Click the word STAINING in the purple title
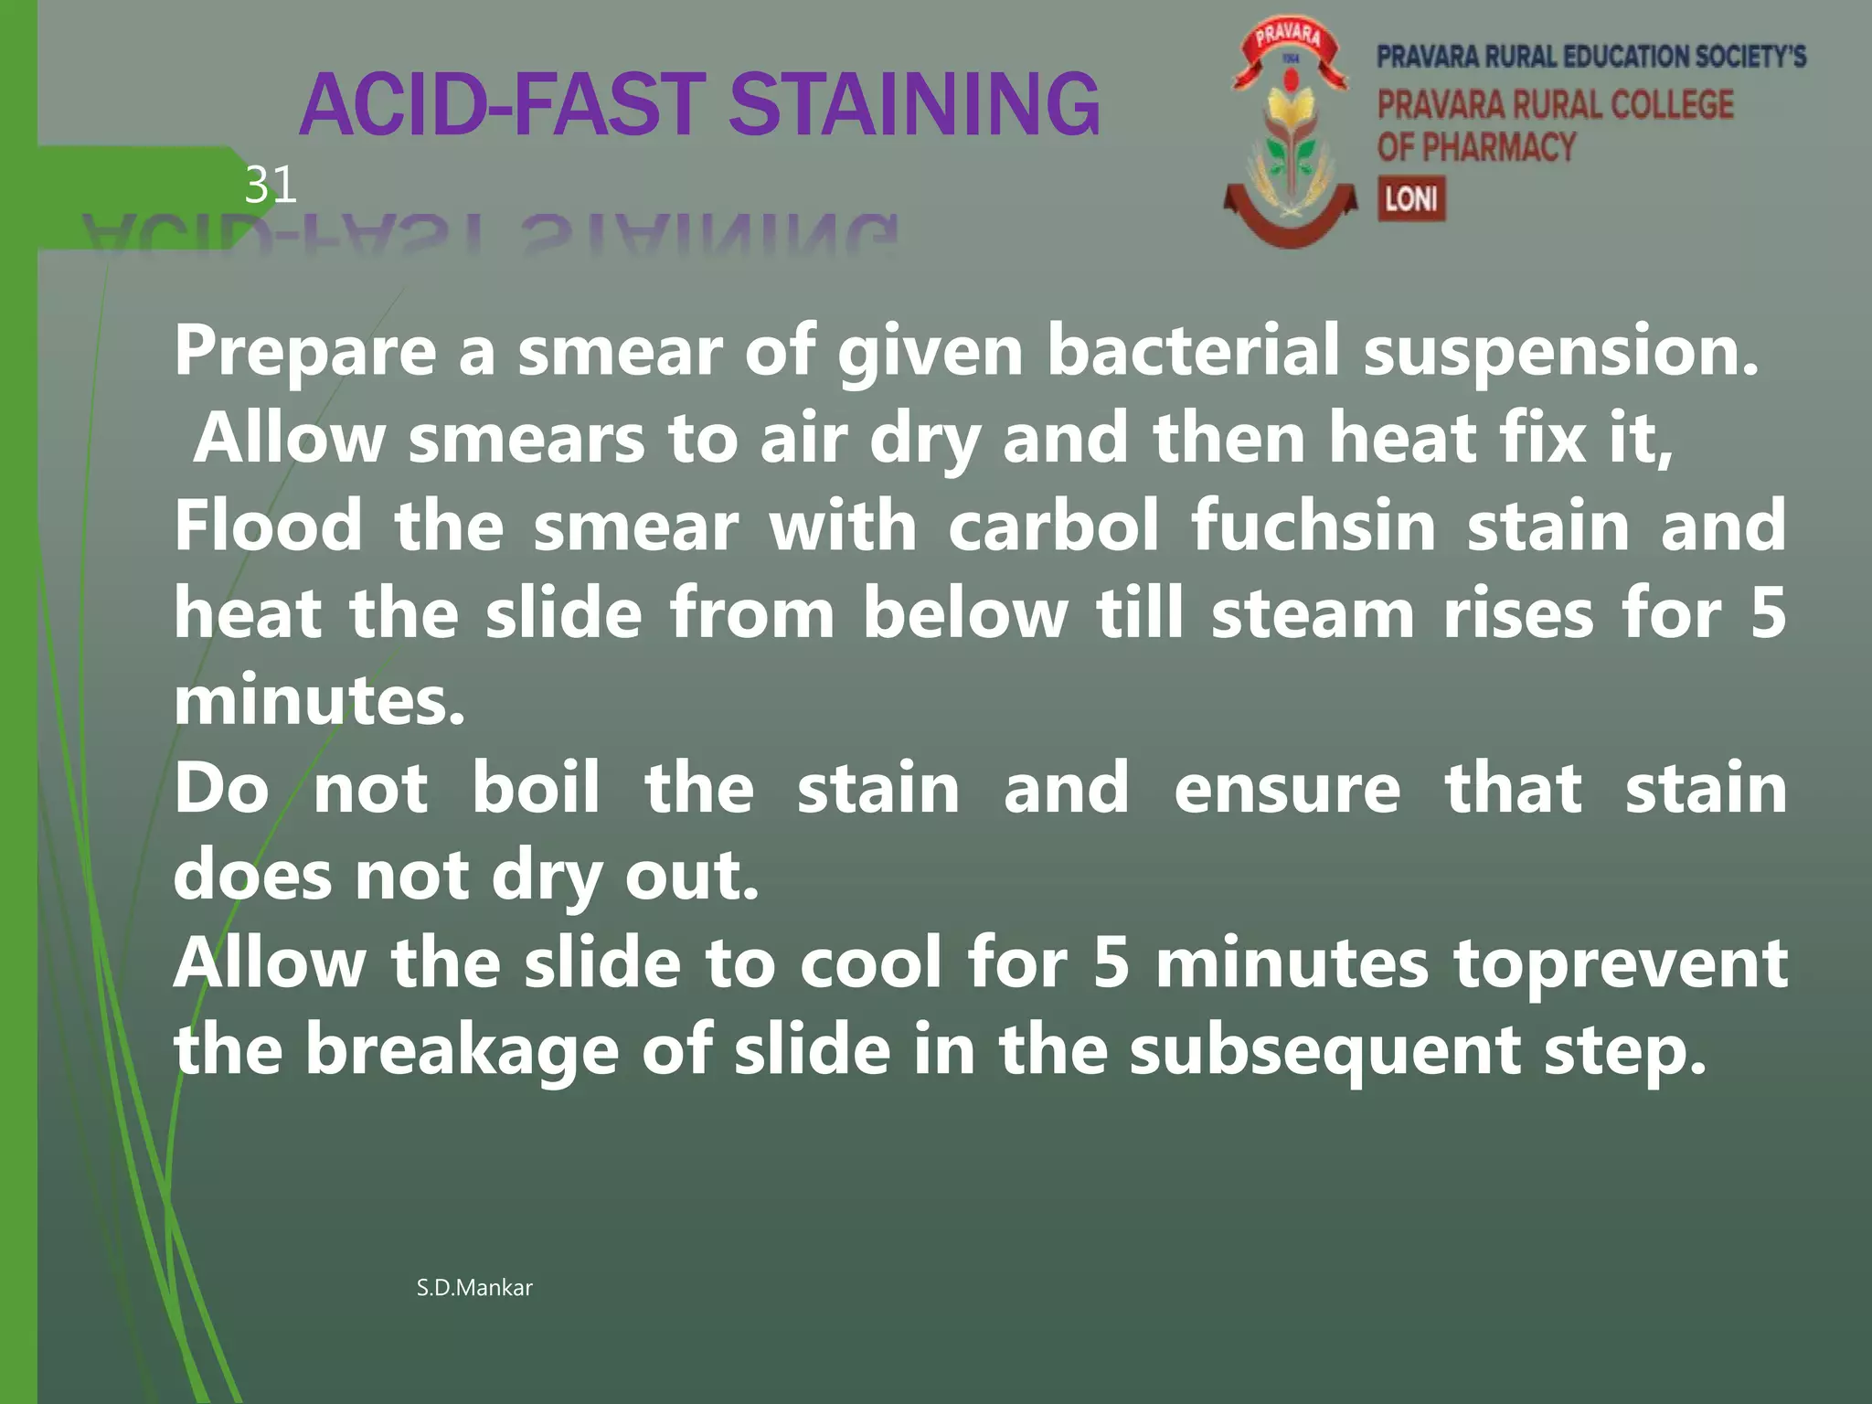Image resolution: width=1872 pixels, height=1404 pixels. [x=914, y=105]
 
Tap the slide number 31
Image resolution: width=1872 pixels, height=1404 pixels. [x=271, y=186]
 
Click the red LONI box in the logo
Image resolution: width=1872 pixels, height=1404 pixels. [x=1411, y=198]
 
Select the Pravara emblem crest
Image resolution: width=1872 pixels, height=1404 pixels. [x=1290, y=137]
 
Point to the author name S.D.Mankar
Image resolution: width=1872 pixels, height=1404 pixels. [x=473, y=1288]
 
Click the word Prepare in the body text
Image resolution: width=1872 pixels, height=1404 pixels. [x=305, y=352]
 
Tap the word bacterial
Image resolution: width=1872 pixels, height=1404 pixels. [x=1193, y=350]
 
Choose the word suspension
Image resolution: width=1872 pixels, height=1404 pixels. [x=1560, y=352]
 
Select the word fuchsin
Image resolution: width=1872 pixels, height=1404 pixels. [x=1313, y=526]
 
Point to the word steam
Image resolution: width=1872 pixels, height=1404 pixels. [x=1313, y=613]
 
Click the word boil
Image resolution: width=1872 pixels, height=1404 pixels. [x=536, y=788]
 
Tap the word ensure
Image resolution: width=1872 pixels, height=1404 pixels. [x=1286, y=788]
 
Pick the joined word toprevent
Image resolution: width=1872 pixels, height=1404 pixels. [x=1621, y=964]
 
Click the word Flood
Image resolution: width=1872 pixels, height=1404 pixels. [x=268, y=526]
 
